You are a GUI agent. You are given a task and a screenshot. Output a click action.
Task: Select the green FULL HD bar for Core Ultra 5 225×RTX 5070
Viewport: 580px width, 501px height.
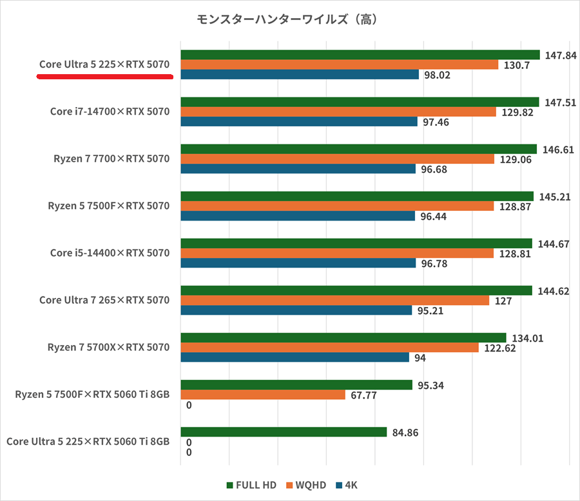click(360, 55)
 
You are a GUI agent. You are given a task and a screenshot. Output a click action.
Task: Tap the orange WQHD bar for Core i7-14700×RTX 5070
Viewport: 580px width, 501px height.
click(338, 112)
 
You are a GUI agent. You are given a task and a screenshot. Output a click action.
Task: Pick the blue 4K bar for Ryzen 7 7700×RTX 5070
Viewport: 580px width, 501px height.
click(298, 169)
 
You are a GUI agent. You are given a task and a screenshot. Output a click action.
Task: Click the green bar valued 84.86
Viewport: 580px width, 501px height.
click(284, 433)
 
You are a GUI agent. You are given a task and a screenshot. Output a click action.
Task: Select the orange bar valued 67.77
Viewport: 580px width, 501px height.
click(263, 395)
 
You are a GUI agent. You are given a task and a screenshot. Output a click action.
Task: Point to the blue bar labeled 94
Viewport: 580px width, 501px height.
click(295, 357)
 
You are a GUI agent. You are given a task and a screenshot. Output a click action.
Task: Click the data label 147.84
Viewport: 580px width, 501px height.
click(561, 55)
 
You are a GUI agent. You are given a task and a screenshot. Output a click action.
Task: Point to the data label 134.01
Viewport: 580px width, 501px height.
click(527, 338)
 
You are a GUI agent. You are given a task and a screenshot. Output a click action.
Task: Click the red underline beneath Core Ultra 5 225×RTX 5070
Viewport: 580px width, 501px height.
click(105, 76)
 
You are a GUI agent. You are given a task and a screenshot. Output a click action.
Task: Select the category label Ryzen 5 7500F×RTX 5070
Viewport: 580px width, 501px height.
click(109, 206)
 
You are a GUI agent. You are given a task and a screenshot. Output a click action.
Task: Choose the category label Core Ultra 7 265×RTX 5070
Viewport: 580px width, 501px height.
click(104, 300)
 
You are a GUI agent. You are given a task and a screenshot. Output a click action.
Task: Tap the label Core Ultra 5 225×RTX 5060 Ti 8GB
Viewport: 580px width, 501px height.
click(88, 442)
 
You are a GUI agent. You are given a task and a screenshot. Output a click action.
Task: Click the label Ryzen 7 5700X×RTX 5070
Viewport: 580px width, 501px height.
click(108, 347)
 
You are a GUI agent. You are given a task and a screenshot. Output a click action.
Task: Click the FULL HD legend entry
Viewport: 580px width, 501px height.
click(251, 485)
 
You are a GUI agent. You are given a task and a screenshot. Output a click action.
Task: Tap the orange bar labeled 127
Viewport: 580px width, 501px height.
click(334, 300)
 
